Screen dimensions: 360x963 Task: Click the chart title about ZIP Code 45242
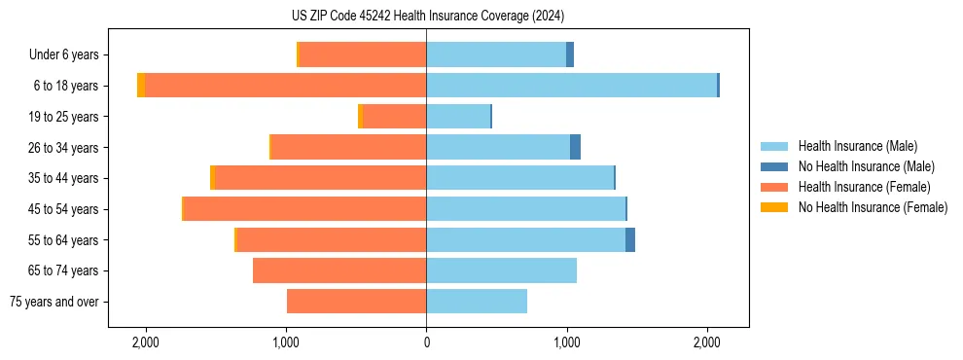[427, 16]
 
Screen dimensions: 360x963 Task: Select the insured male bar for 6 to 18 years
[571, 86]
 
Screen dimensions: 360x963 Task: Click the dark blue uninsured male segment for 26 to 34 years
[575, 147]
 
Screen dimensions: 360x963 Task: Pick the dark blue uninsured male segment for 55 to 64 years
[630, 239]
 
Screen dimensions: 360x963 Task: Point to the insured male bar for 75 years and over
[477, 302]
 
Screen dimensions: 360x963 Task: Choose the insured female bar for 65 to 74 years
[339, 270]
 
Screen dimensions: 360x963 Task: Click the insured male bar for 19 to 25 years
[458, 117]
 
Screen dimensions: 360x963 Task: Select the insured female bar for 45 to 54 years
[304, 209]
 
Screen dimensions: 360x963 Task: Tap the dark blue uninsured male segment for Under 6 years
[570, 54]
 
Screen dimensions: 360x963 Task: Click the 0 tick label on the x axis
[426, 342]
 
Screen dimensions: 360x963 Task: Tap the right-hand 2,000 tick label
[707, 342]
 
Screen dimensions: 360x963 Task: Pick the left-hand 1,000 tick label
[286, 342]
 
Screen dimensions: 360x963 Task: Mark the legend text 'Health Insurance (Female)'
[864, 187]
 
